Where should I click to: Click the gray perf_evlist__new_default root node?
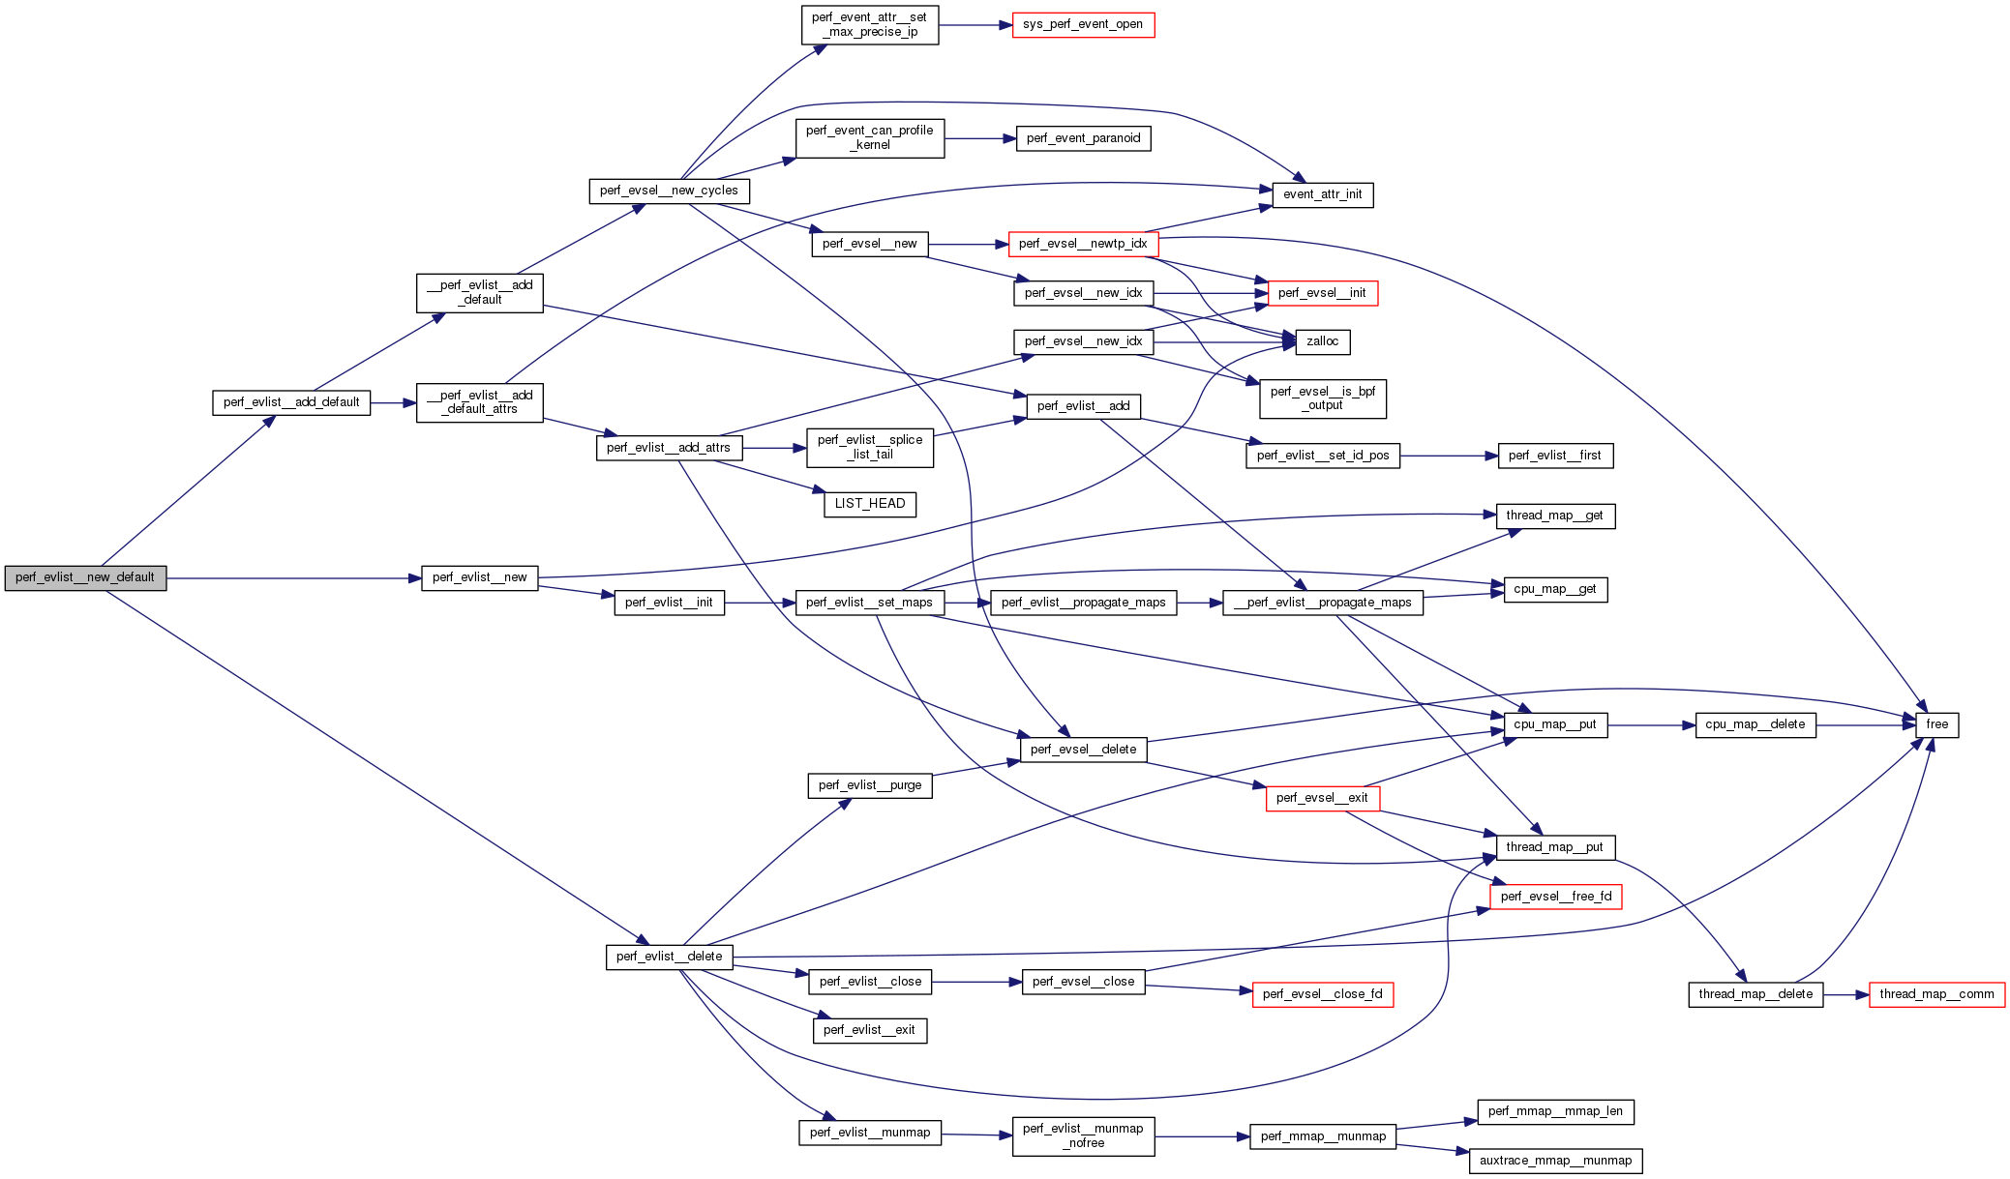coord(85,577)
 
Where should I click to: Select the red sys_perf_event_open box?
coord(1083,25)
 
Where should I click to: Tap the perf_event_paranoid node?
coord(1083,138)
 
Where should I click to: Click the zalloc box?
coord(1322,341)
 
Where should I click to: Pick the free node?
coord(1936,724)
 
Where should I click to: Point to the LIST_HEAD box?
coord(869,504)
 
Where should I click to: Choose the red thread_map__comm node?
coord(1936,994)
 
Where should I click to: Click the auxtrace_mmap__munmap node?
coord(1555,1161)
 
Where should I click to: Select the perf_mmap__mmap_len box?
coord(1555,1111)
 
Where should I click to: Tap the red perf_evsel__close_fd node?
coord(1322,994)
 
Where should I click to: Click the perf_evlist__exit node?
coord(869,1030)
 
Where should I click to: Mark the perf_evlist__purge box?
coord(869,785)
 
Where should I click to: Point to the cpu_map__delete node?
coord(1755,724)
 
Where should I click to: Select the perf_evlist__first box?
coord(1555,456)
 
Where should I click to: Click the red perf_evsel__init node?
coord(1322,293)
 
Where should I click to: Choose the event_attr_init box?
coord(1322,194)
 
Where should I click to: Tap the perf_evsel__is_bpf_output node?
coord(1322,398)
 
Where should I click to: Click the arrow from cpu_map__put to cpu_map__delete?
coord(1651,724)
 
